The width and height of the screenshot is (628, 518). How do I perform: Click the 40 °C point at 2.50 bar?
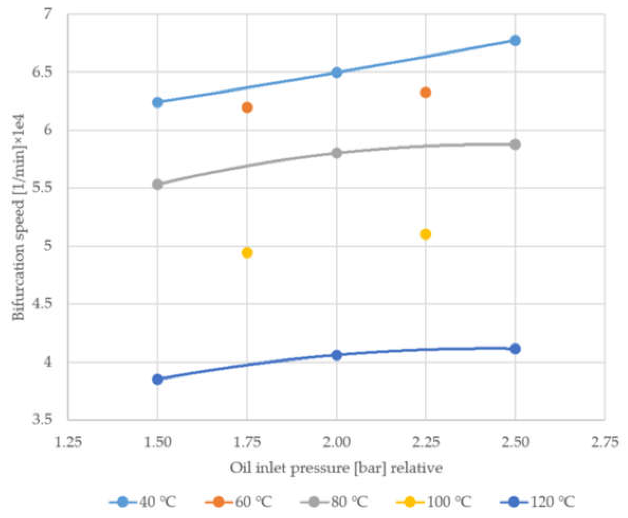point(515,40)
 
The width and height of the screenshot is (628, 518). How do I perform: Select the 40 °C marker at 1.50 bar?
point(157,103)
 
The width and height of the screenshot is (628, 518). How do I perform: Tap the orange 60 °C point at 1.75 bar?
point(247,107)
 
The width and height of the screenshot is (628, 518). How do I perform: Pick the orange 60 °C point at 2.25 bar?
point(425,92)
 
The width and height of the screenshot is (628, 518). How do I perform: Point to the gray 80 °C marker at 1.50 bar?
point(157,185)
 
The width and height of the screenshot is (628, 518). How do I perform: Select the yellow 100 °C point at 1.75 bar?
point(247,253)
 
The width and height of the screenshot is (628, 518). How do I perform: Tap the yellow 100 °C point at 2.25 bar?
point(425,234)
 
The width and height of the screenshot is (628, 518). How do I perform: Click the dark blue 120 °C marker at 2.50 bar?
point(515,349)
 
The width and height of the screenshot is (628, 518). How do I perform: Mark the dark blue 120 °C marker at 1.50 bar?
point(157,380)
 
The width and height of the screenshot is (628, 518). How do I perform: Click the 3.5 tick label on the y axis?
point(42,420)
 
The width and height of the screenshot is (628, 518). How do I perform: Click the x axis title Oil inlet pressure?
point(336,468)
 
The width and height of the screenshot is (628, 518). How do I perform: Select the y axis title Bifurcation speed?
point(19,217)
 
